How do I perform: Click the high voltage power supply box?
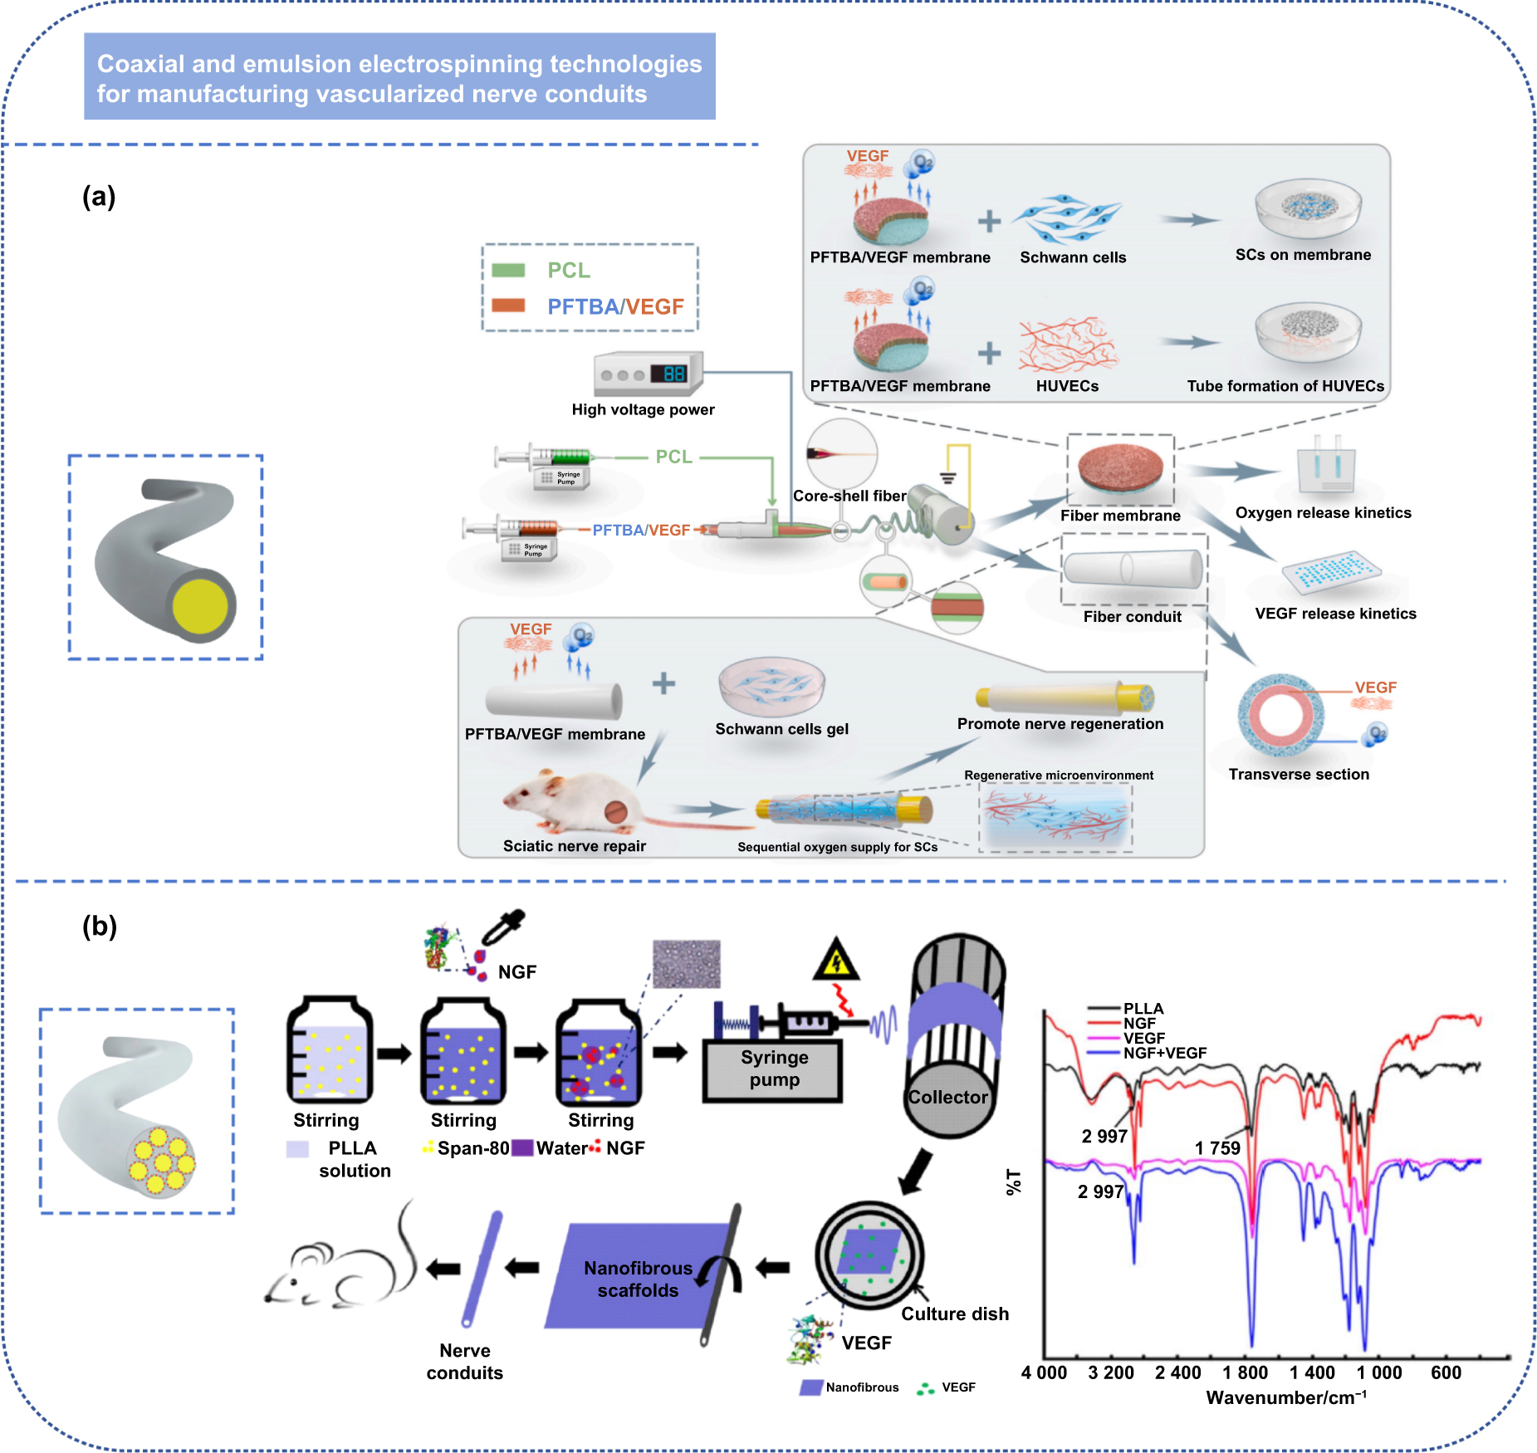[649, 374]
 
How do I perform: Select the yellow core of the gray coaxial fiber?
[200, 606]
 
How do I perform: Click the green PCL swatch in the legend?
[508, 270]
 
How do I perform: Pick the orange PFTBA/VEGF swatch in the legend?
[508, 306]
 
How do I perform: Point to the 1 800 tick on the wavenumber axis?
[1245, 1372]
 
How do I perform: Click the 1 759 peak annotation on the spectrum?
[1216, 1147]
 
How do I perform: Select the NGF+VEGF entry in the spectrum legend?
[1164, 1053]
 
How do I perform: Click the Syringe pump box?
[773, 1069]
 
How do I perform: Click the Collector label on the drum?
[947, 1097]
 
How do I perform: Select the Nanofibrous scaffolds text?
[638, 1279]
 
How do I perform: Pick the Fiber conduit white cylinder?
[1133, 569]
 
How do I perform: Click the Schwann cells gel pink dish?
[771, 686]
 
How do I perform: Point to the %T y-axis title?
[1014, 1181]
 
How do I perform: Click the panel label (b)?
[100, 926]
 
